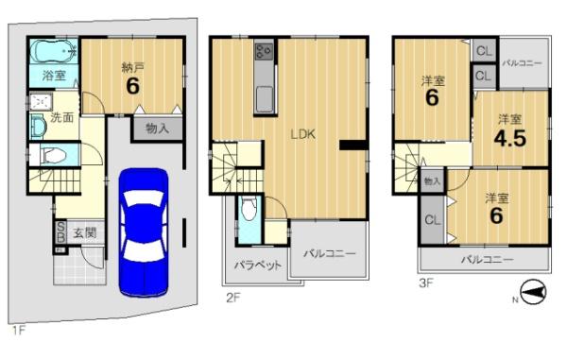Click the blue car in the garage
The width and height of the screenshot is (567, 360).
pos(144,232)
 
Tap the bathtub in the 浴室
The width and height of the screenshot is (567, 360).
pos(54,51)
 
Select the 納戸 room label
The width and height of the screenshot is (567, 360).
pos(132,67)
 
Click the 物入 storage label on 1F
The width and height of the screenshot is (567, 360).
pos(157,129)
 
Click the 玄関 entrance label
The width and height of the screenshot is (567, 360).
pos(85,233)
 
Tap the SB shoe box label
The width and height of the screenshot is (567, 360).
pos(60,232)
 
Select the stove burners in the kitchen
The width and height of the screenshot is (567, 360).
pos(265,51)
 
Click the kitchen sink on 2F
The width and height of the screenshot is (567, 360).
pos(265,99)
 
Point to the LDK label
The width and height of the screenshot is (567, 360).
pos(303,134)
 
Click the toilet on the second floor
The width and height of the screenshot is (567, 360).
pos(249,209)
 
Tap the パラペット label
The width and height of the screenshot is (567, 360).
pos(257,266)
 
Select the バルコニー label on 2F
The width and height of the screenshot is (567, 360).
pos(330,253)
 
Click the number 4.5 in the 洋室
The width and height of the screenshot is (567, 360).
pos(510,139)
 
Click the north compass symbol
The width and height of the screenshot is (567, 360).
pos(533,292)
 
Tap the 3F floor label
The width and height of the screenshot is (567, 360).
pos(426,283)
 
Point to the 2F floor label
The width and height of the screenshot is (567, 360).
pos(232,298)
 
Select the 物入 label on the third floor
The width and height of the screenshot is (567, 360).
pos(432,181)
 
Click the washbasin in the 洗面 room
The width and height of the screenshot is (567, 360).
pos(38,127)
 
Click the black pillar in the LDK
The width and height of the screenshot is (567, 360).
pos(352,145)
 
